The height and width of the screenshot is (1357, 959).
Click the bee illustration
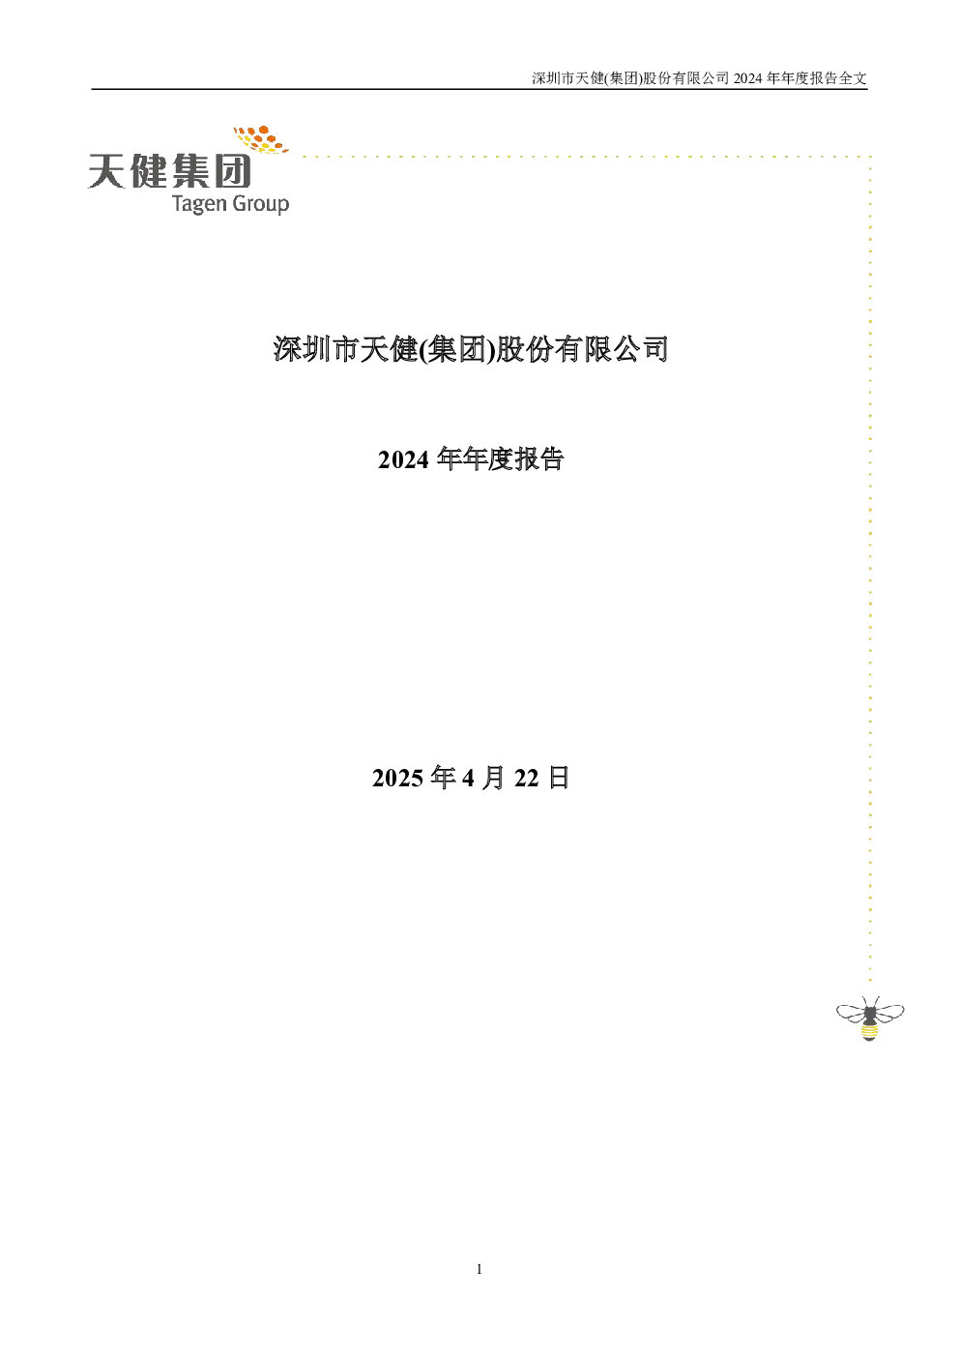(870, 1018)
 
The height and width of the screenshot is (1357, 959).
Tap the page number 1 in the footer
(479, 1269)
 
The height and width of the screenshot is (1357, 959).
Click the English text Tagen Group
(231, 203)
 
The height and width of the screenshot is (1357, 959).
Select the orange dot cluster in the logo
(261, 139)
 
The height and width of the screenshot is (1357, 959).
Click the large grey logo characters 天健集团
(170, 171)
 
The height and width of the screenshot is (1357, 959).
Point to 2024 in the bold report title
(403, 459)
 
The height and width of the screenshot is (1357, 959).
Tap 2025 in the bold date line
(397, 778)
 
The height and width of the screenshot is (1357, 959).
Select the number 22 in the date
(527, 778)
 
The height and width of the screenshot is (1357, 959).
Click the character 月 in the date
(493, 778)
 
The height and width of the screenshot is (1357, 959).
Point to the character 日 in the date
(559, 778)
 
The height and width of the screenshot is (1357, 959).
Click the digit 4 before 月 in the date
(468, 778)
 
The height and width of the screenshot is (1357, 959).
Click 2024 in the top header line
(747, 78)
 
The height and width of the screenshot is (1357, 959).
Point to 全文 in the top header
(853, 78)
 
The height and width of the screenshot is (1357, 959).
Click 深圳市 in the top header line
(553, 78)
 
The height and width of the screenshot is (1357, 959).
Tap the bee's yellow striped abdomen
(869, 1029)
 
